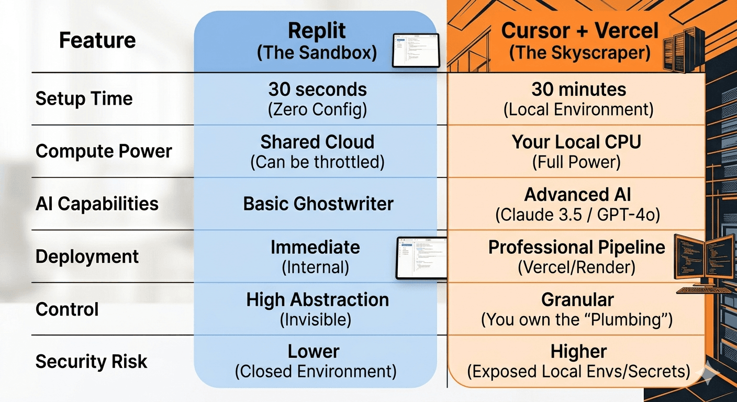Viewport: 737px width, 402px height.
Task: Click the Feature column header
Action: point(97,40)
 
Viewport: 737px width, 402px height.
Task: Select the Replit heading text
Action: point(317,31)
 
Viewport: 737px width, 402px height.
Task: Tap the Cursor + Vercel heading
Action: point(579,31)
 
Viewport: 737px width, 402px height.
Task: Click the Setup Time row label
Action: point(84,98)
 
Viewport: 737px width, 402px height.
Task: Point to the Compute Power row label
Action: point(104,151)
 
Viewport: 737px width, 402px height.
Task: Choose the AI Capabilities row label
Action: point(97,204)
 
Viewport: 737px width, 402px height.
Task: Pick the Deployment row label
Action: point(87,256)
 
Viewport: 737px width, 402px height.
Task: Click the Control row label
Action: point(67,309)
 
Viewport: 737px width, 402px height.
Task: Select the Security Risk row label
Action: point(91,362)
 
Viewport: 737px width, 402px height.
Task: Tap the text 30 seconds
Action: point(317,90)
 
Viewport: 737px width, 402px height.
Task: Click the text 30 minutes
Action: point(579,90)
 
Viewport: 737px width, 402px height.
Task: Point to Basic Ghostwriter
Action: point(318,204)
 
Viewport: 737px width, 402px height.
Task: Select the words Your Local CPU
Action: point(576,142)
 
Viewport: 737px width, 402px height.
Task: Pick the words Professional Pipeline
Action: point(576,247)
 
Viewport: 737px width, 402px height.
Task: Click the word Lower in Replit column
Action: point(314,351)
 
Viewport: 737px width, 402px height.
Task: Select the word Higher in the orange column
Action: point(578,351)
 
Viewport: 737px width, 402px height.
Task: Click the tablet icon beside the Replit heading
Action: point(416,50)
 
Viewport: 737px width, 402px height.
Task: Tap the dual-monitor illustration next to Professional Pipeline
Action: point(704,256)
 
